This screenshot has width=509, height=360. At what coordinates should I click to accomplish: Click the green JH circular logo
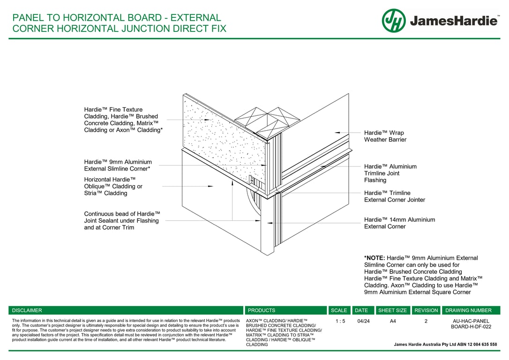click(x=393, y=21)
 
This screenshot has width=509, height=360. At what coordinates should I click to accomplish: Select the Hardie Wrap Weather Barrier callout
click(x=384, y=136)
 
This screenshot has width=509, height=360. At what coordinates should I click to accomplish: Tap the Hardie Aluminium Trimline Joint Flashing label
click(x=390, y=173)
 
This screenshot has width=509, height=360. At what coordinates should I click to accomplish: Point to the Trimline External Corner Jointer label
click(x=394, y=196)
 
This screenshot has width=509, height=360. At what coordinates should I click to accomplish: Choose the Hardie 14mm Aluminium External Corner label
click(x=399, y=223)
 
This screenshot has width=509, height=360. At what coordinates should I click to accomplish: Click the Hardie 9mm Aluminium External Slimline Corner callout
click(x=118, y=165)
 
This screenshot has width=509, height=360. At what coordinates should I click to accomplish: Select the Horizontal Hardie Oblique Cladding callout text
click(x=113, y=186)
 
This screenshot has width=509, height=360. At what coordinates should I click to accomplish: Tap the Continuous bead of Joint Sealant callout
click(x=122, y=220)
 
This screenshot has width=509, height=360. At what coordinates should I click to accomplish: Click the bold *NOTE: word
click(x=374, y=258)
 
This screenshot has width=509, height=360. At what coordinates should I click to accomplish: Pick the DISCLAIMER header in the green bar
click(x=27, y=310)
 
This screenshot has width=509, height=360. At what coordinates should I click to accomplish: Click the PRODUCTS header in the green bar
click(x=262, y=310)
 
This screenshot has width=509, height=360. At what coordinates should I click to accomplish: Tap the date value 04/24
click(x=363, y=321)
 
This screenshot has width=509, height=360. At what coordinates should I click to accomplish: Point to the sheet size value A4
click(x=392, y=321)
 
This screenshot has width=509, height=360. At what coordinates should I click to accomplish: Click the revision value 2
click(x=426, y=321)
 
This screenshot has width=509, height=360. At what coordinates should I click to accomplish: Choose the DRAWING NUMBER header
click(x=468, y=310)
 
